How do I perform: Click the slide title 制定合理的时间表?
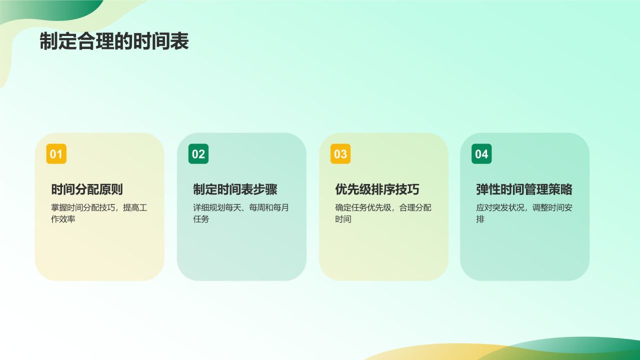(x=114, y=42)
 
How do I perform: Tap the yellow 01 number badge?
(x=56, y=154)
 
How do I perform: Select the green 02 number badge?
(x=198, y=154)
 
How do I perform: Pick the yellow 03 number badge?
(x=340, y=154)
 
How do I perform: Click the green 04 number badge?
(x=481, y=154)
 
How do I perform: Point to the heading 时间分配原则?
(x=87, y=189)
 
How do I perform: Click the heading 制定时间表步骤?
(x=235, y=189)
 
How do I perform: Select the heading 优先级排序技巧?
(x=377, y=189)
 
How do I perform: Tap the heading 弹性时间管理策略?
(x=524, y=189)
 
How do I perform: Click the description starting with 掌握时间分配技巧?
(x=99, y=213)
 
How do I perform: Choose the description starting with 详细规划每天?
(x=241, y=213)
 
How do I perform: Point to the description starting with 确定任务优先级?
(x=383, y=213)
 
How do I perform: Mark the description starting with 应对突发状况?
(x=524, y=213)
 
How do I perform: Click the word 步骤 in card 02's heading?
(x=265, y=189)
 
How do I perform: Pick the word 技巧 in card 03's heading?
(x=407, y=189)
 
